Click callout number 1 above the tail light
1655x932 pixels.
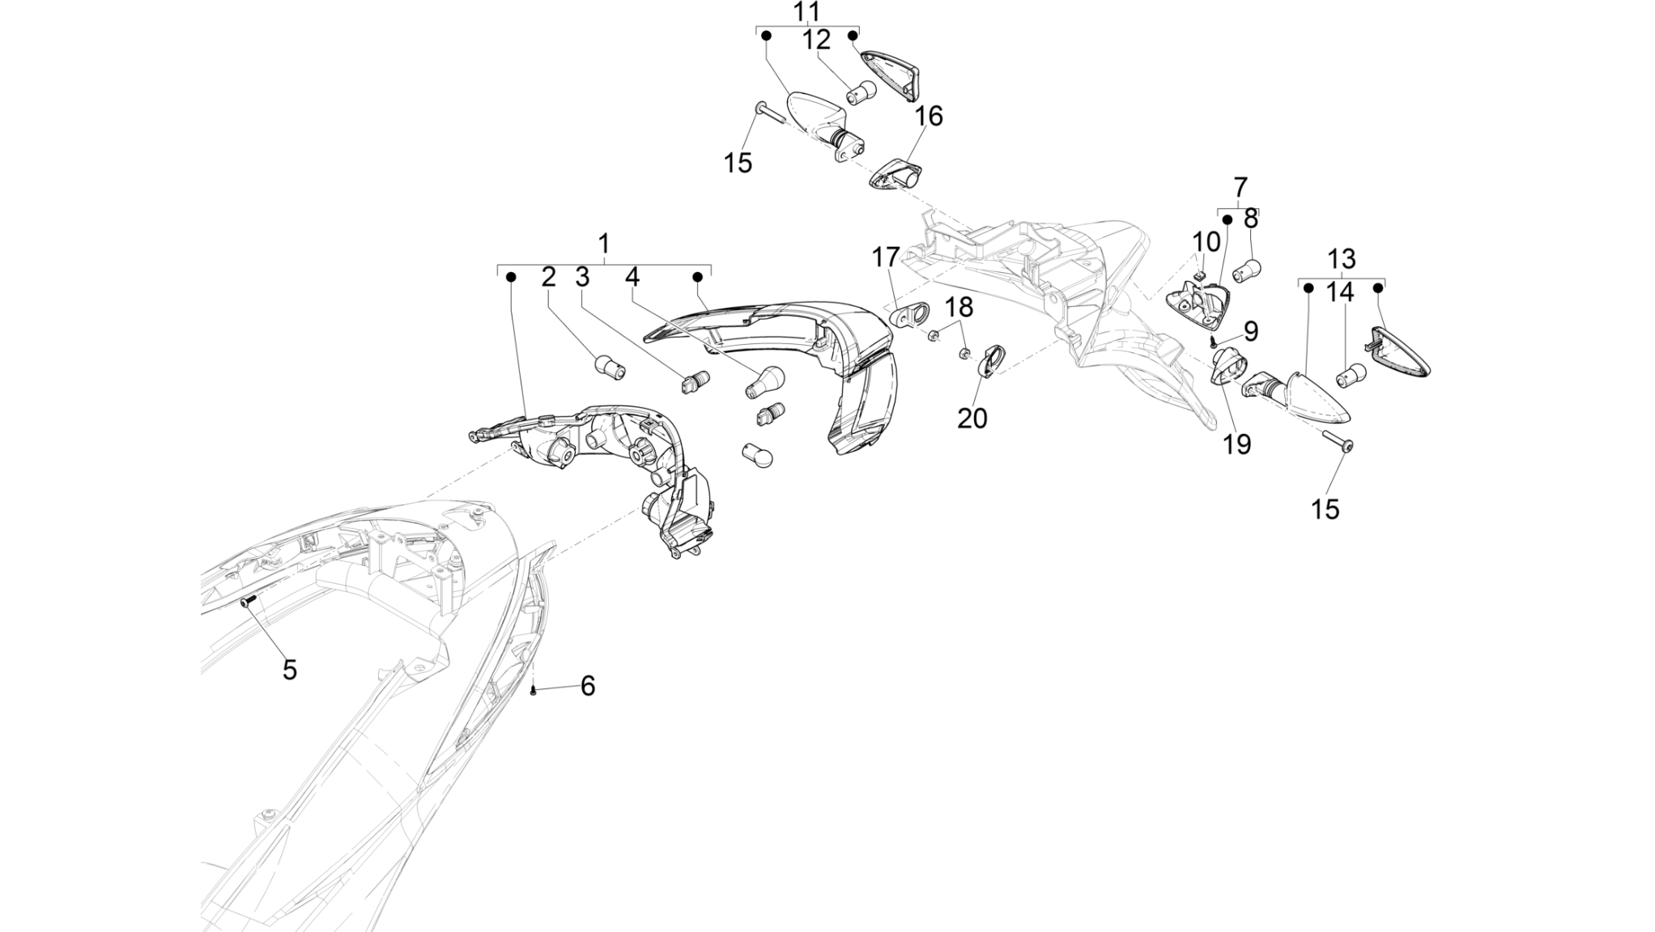(x=603, y=243)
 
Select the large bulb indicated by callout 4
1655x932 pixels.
(x=764, y=381)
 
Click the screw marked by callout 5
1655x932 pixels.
(x=248, y=600)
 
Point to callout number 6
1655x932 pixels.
(x=588, y=686)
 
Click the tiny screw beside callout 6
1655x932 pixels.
(x=534, y=690)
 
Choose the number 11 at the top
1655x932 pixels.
(x=806, y=11)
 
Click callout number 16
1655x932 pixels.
(x=929, y=117)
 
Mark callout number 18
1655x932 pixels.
(x=959, y=308)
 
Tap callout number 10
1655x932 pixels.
(x=1206, y=241)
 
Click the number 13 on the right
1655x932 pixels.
(x=1342, y=259)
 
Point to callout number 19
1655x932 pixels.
(x=1236, y=444)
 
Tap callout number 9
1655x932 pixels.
(x=1251, y=330)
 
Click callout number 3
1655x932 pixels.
(x=582, y=277)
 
